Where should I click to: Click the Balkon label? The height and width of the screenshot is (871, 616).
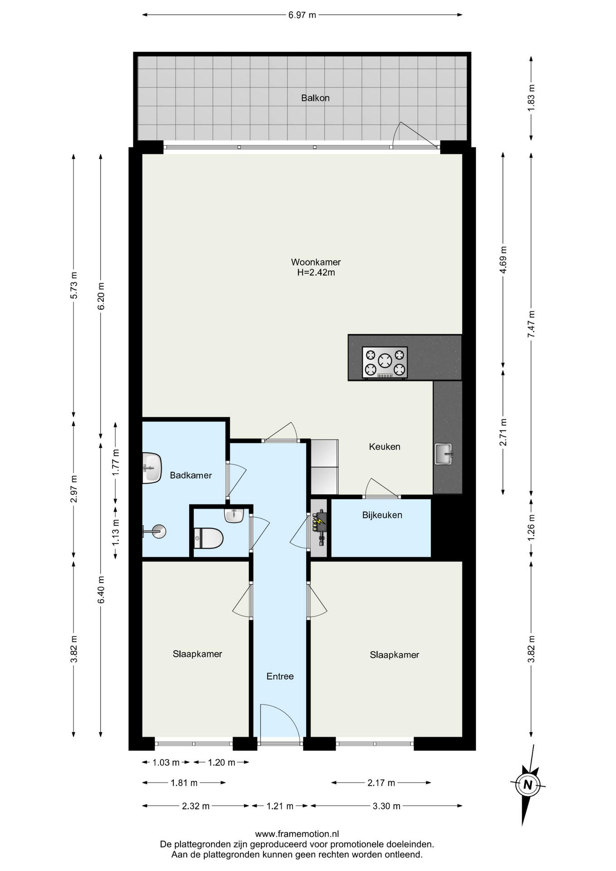[315, 98]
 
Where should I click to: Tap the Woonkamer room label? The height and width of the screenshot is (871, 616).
[316, 262]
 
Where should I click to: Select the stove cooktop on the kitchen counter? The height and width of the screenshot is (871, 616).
[385, 362]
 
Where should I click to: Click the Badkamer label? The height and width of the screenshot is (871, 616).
[191, 475]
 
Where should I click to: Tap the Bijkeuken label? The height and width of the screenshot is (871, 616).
[382, 515]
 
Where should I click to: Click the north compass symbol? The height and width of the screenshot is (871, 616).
[528, 785]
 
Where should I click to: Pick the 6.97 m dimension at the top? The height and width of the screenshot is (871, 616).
[302, 15]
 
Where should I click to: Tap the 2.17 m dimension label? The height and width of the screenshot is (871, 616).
[381, 783]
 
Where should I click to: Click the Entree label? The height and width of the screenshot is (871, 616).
[280, 676]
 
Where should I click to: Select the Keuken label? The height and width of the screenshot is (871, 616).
[385, 447]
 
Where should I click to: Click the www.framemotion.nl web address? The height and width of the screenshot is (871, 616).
[297, 834]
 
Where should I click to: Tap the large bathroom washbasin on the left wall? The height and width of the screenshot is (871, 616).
[152, 468]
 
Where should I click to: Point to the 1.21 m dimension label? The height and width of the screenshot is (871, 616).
[280, 806]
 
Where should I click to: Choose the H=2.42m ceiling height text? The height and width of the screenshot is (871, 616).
[316, 273]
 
